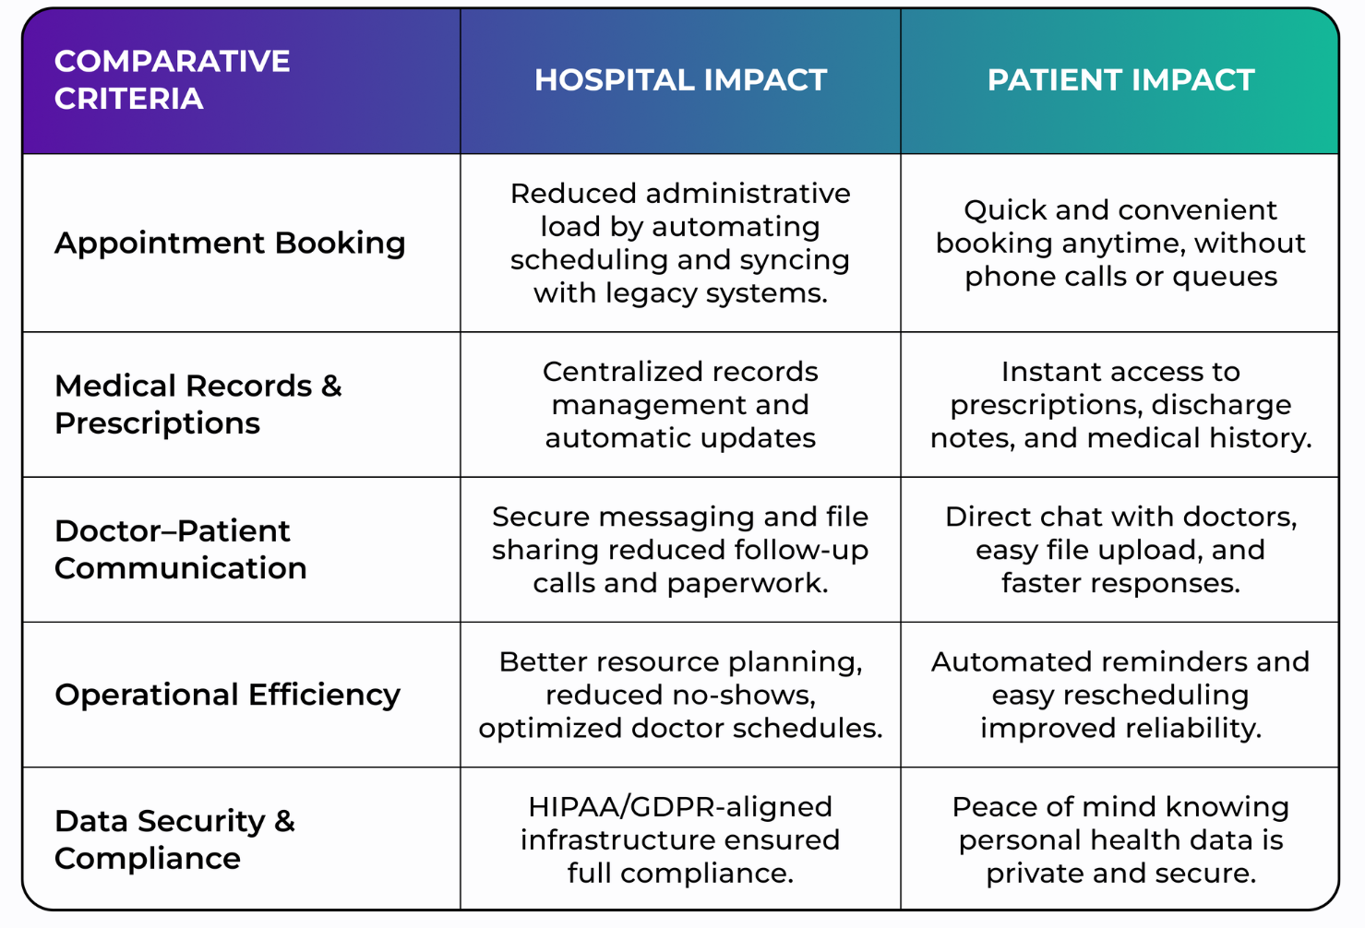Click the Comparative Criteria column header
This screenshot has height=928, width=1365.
coord(172,79)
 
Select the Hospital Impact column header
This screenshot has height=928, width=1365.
coord(680,79)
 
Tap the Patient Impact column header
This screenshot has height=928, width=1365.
coord(1120,79)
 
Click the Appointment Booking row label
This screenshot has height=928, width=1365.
coord(230,244)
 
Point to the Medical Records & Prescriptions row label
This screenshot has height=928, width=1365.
coord(198,404)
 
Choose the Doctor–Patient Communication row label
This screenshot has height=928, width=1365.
coord(180,549)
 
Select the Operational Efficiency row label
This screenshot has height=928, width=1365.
coord(227,695)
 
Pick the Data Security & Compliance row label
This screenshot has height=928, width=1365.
coord(174,839)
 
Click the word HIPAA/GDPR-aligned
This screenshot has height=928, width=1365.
coord(680,807)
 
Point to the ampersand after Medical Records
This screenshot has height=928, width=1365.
coord(331,387)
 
